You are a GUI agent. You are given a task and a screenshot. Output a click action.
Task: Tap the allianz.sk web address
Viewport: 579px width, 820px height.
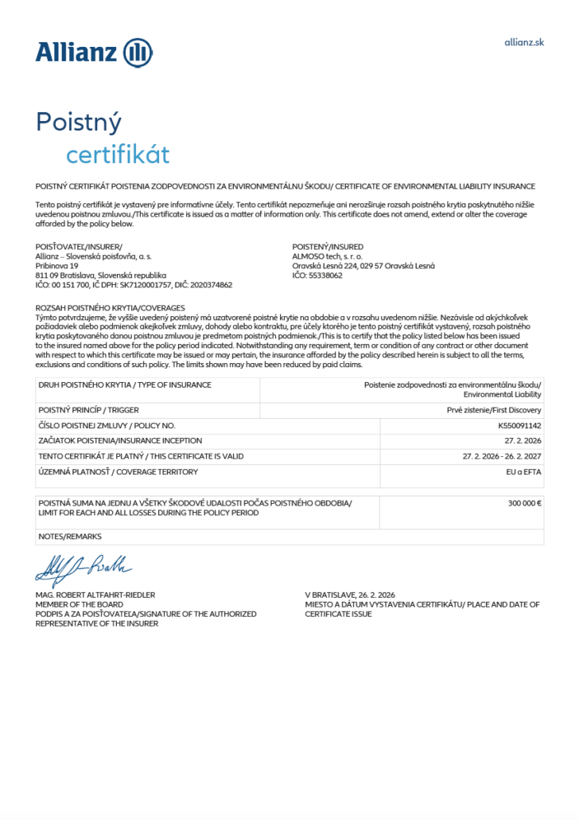click(524, 42)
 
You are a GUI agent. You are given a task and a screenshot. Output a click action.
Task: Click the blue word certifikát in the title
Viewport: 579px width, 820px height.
click(118, 154)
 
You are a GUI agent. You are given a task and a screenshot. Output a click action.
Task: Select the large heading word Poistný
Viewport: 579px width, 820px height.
click(79, 123)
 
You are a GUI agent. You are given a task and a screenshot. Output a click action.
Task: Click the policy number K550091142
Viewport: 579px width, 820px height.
click(519, 426)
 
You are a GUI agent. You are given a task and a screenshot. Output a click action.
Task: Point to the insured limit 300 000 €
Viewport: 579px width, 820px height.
click(524, 503)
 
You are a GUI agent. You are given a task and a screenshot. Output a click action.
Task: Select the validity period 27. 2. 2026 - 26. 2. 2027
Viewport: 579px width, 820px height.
click(502, 456)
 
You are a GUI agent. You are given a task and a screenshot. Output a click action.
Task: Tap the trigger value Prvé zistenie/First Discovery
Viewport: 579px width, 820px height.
click(494, 410)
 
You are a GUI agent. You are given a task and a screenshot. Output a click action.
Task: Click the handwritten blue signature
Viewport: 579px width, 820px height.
click(83, 569)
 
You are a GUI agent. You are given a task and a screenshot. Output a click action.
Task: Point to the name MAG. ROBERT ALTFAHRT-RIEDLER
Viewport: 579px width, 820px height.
click(95, 595)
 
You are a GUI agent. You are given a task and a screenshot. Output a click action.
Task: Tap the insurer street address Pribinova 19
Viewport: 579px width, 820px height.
click(57, 266)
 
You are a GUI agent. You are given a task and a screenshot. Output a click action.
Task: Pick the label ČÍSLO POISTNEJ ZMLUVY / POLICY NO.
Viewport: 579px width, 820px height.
click(107, 426)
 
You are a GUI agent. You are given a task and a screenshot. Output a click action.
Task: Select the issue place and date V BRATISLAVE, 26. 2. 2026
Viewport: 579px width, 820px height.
click(350, 595)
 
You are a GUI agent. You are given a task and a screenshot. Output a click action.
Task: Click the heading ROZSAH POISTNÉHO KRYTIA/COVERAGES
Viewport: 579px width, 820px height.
click(110, 307)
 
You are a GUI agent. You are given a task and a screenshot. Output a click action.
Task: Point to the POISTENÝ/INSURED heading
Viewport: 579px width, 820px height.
click(328, 247)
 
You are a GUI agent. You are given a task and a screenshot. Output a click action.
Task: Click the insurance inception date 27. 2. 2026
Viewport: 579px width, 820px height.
click(523, 440)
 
